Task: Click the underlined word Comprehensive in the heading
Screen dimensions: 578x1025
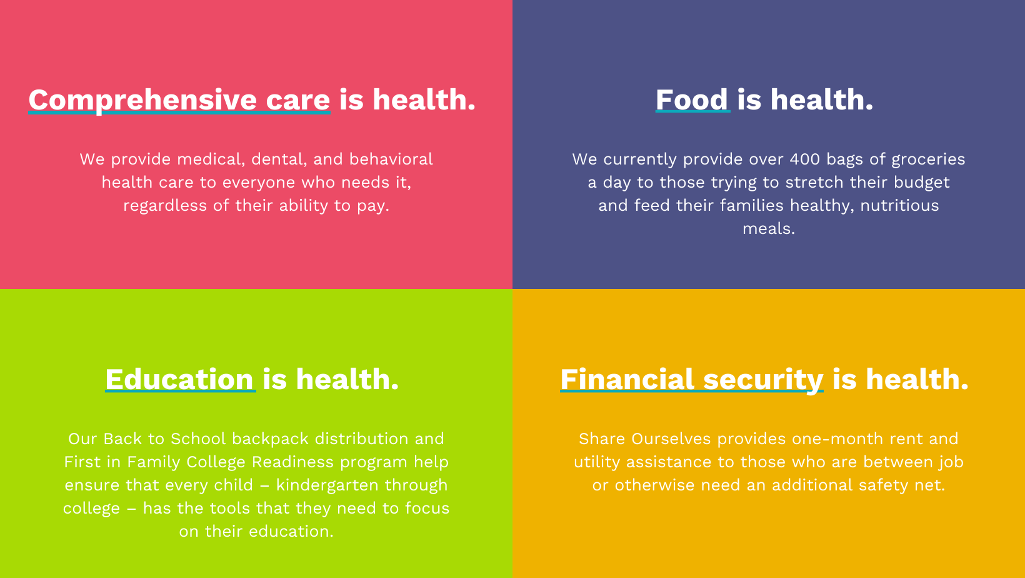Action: [x=142, y=100]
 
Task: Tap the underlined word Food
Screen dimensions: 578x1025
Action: [x=692, y=100]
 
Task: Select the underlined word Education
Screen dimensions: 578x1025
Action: [x=179, y=380]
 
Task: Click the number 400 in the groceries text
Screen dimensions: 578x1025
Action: [x=805, y=160]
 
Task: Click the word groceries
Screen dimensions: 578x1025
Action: [x=928, y=160]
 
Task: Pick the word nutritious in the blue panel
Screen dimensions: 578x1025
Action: [x=899, y=206]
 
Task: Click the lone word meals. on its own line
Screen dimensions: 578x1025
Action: [x=769, y=229]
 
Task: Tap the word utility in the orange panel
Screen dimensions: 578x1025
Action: [x=597, y=462]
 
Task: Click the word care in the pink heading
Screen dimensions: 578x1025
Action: [x=298, y=100]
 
